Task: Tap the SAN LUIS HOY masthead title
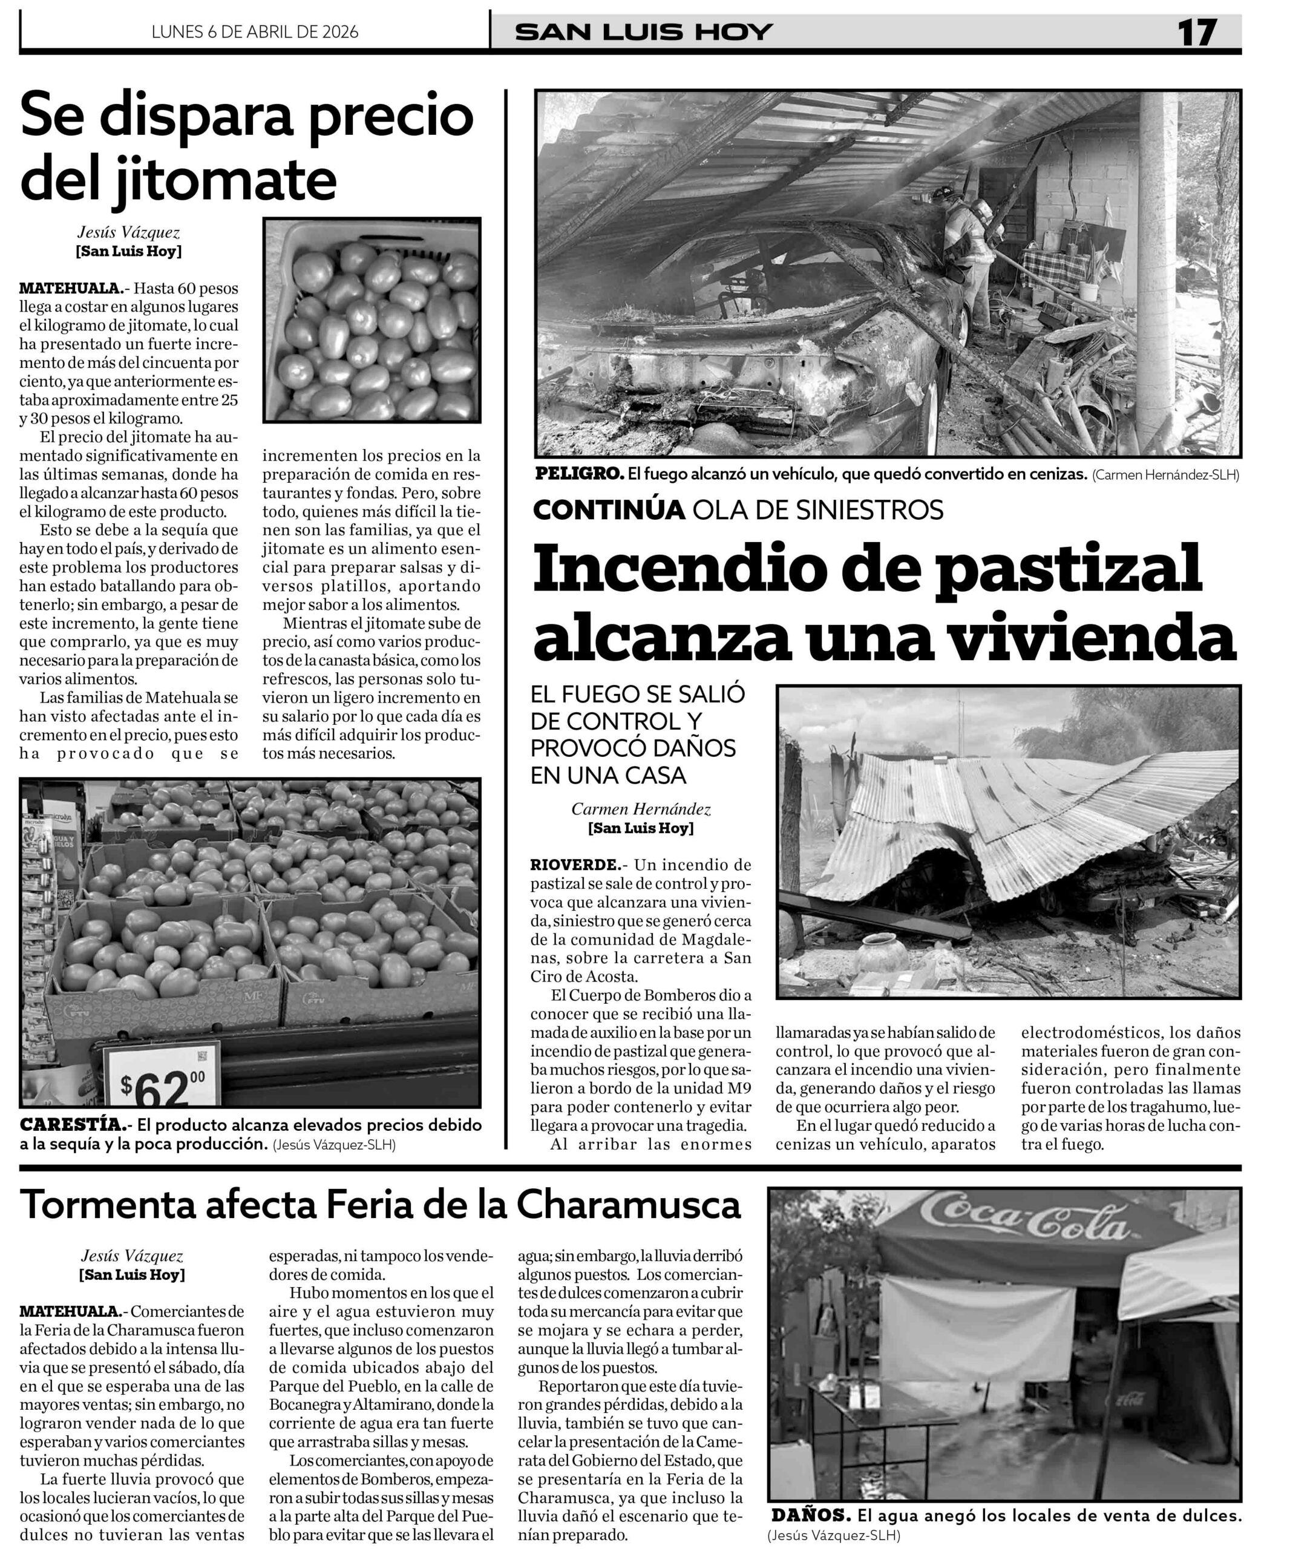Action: pos(643,31)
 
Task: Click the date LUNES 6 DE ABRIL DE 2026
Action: pos(255,31)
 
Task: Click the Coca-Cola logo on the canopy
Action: pos(1025,1225)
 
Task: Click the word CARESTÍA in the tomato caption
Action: pos(71,1125)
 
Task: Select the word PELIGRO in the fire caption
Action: pos(579,474)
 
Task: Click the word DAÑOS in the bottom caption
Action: pos(810,1515)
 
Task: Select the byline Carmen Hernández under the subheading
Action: pos(640,809)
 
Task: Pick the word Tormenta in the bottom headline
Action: pos(107,1205)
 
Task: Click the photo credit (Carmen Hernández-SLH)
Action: pos(1165,475)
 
